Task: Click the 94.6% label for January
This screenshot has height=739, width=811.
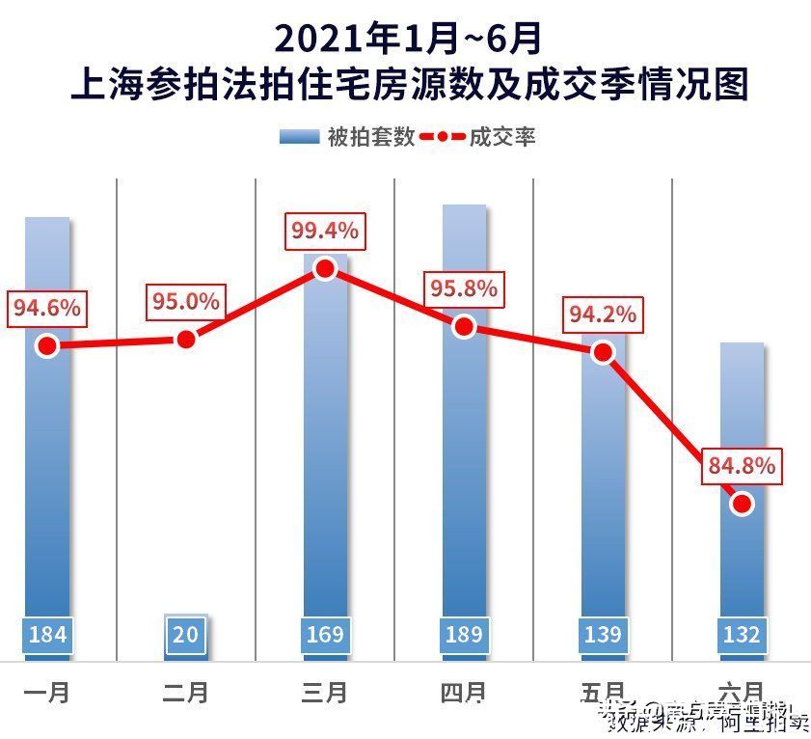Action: coord(47,309)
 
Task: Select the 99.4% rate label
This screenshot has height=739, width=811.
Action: coord(325,232)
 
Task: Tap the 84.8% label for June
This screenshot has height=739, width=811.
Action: coord(742,466)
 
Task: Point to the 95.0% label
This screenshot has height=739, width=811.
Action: coord(186,302)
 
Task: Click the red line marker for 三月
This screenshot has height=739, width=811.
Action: coord(325,269)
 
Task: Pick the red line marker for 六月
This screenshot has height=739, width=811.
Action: coord(742,504)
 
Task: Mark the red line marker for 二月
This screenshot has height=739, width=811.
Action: coord(186,340)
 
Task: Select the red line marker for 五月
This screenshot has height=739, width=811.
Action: coord(603,352)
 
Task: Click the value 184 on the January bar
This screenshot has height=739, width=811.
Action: coord(47,635)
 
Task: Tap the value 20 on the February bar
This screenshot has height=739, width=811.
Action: coord(186,635)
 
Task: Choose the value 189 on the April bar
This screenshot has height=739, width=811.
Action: coord(464,635)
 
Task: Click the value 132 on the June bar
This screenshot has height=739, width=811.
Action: coord(742,635)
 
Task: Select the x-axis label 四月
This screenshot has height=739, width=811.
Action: coord(464,692)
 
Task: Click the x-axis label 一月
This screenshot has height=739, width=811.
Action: coord(47,692)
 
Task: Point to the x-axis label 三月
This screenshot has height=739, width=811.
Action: coord(325,692)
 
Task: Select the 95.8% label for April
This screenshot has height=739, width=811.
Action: coord(464,288)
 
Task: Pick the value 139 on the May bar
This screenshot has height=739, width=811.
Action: coord(603,635)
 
